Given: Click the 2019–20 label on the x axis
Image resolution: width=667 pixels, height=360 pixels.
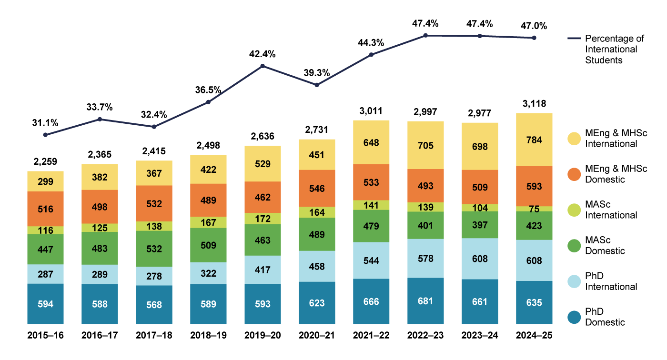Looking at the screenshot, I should coord(263,336).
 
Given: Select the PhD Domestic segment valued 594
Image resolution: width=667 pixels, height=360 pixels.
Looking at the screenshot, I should coord(45,303).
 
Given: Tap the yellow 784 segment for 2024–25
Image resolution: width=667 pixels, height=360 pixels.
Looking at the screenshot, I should coord(534,140).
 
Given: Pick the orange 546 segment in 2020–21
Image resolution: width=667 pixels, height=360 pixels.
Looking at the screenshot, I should coord(317,188).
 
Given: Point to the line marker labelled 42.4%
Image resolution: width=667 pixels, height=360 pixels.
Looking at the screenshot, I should coord(263,66).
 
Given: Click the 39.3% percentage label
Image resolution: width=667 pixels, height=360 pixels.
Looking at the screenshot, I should coord(317,73).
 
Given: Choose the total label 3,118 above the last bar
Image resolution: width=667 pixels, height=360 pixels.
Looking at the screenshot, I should coord(534,104).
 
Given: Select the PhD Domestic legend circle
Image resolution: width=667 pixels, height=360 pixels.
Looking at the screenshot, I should coord(575,317).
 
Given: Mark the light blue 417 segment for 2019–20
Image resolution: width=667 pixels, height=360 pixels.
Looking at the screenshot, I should coord(263,270).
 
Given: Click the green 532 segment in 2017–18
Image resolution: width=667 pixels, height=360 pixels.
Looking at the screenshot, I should coord(154,249).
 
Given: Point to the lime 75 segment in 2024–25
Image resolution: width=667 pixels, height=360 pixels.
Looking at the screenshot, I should coord(534,209).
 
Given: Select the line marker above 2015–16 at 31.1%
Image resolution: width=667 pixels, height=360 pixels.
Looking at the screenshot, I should coord(45,135).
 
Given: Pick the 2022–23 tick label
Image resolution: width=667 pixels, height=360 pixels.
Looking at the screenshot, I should coord(425,336).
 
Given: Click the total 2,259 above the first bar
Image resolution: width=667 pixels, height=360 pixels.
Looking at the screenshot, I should coord(45,161).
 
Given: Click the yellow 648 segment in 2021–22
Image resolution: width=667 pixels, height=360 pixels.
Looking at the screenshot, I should coord(371,142).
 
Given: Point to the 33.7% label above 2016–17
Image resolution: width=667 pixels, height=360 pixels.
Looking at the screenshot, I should coord(100,107).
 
